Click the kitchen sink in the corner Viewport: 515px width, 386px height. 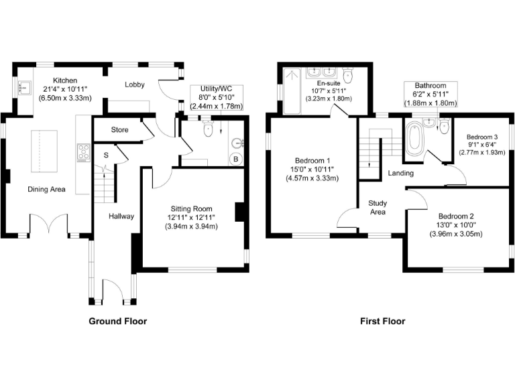click(25, 87)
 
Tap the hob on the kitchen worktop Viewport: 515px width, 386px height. click(84, 153)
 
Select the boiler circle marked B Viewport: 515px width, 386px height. click(235, 159)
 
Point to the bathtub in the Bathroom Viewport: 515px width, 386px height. click(414, 141)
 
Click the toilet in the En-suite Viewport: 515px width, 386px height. click(347, 73)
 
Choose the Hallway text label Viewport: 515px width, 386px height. click(122, 216)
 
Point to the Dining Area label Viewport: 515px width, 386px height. click(46, 190)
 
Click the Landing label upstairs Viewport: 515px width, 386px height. click(400, 174)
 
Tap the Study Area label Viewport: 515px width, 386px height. click(378, 207)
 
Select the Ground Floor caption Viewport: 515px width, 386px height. click(118, 321)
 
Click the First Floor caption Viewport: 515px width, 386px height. click(382, 321)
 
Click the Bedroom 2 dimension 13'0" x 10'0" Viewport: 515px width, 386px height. click(456, 225)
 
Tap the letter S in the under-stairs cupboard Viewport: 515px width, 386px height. click(105, 155)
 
